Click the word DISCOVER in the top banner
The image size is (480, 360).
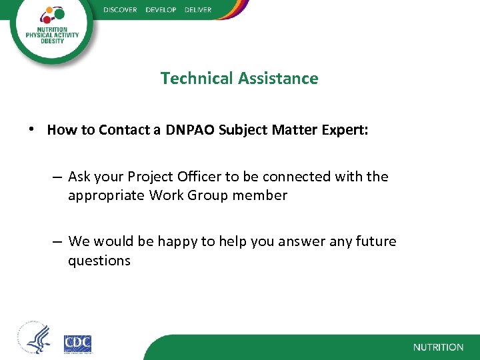pos(121,10)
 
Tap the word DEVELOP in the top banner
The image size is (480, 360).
pos(161,10)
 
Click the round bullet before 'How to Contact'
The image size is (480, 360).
pos(32,129)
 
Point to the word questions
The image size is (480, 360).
pos(99,261)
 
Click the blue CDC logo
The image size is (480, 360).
pos(77,343)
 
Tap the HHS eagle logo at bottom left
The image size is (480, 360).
pos(34,339)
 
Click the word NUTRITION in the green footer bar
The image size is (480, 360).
pos(438,347)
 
